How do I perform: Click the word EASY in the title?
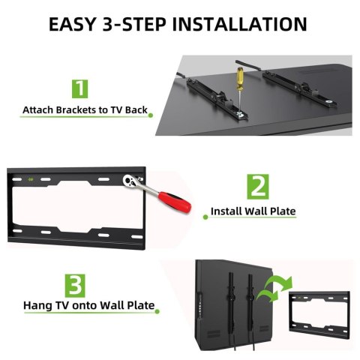click(x=72, y=24)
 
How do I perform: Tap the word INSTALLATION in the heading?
click(x=239, y=24)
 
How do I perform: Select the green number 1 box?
click(x=80, y=88)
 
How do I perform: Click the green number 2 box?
click(x=258, y=187)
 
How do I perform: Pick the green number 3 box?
click(x=75, y=286)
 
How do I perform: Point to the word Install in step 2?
click(x=226, y=211)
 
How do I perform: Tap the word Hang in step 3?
click(x=37, y=305)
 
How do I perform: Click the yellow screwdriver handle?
click(x=239, y=79)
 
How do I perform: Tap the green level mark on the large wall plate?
click(x=31, y=179)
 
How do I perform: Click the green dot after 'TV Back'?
click(x=151, y=115)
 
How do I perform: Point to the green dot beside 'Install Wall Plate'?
click(x=205, y=217)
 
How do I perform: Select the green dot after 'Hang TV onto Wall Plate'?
click(x=157, y=311)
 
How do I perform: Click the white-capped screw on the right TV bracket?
click(x=329, y=102)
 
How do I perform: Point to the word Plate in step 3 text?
click(x=141, y=305)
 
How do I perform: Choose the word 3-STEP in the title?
click(x=134, y=24)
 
